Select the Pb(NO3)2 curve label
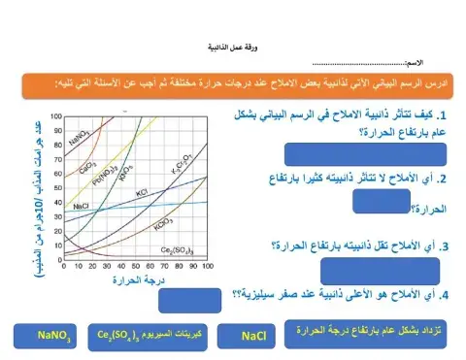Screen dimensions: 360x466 click(110, 178)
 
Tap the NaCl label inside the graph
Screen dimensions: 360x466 click(82, 207)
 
